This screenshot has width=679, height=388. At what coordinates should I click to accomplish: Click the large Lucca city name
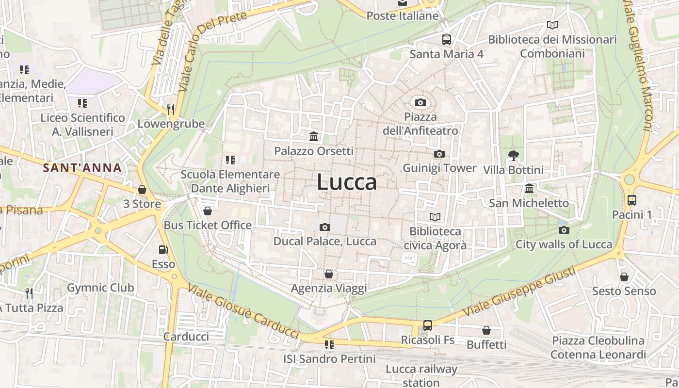coord(347,182)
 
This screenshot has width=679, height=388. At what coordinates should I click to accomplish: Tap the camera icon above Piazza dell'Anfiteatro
coord(420,102)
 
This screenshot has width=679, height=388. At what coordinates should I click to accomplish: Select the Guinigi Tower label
coord(439,168)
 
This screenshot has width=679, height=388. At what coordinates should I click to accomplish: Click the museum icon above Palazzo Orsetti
coord(314,137)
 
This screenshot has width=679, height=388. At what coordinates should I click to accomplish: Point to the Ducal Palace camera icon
coord(325,227)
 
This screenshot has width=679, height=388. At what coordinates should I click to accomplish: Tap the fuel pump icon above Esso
coord(163,250)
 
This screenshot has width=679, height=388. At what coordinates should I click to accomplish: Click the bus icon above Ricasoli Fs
coord(427,325)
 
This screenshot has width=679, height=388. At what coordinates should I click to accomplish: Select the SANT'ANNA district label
coord(82,168)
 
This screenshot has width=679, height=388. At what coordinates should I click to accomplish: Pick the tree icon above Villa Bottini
coord(514,156)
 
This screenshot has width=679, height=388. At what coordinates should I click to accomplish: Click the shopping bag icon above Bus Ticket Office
coord(208,211)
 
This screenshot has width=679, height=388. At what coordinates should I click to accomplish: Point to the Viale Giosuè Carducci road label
coord(243,311)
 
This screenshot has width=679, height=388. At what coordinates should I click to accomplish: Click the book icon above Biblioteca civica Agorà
coord(435,217)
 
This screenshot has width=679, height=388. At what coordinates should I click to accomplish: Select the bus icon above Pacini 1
coord(631,200)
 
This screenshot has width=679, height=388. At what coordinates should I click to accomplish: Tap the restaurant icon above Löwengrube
coord(171,109)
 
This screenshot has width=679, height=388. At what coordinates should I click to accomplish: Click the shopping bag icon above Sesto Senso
coord(624,277)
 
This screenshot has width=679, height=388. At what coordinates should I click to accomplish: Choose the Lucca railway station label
coord(421,375)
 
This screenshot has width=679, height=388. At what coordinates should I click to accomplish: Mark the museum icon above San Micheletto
coord(529,188)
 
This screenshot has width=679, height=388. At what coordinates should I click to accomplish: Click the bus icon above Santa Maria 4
coord(446,40)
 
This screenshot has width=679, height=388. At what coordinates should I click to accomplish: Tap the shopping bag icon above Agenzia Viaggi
coord(329,274)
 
